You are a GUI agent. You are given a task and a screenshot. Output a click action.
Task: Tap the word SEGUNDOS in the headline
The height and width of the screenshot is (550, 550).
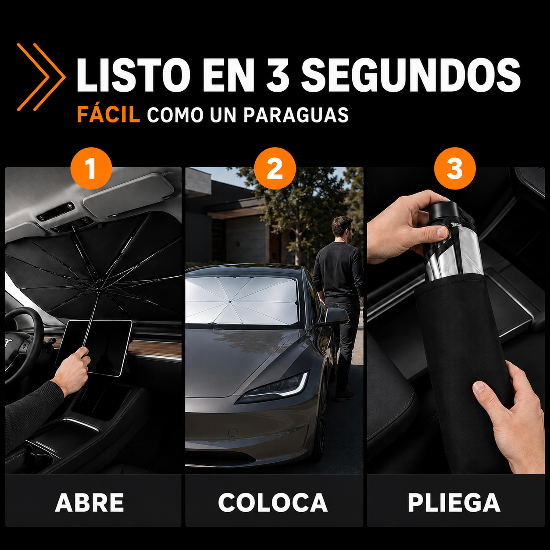pyautogui.click(x=411, y=75)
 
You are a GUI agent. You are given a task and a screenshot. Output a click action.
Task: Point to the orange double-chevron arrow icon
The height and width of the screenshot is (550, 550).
pyautogui.click(x=41, y=77)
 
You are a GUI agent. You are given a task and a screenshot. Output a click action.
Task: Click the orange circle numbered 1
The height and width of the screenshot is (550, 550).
pyautogui.click(x=91, y=168)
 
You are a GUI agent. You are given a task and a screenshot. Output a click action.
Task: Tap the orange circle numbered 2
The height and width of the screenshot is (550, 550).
pyautogui.click(x=275, y=168)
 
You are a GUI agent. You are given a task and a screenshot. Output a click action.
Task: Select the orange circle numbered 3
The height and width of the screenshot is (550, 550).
pyautogui.click(x=455, y=168)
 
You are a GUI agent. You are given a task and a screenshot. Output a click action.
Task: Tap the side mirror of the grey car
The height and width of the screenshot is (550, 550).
pyautogui.click(x=336, y=317)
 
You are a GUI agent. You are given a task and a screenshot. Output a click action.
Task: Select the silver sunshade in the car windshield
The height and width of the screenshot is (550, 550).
pyautogui.click(x=241, y=300)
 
